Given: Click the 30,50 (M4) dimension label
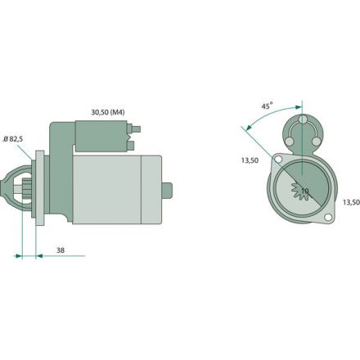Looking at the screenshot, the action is coord(108,112).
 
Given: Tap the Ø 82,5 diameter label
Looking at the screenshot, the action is coord(13,139).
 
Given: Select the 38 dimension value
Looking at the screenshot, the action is coord(61,250).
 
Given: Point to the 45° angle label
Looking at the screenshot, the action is coord(268,106).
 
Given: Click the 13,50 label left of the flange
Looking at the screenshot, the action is coord(250,160).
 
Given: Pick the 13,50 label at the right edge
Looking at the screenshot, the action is coord(351,202).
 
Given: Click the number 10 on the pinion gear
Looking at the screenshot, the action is coord(305,191).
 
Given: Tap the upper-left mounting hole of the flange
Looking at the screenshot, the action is coord(278,159).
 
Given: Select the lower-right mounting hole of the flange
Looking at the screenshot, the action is coord(328,218).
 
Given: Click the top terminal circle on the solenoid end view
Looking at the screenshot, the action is coord(303,119).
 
